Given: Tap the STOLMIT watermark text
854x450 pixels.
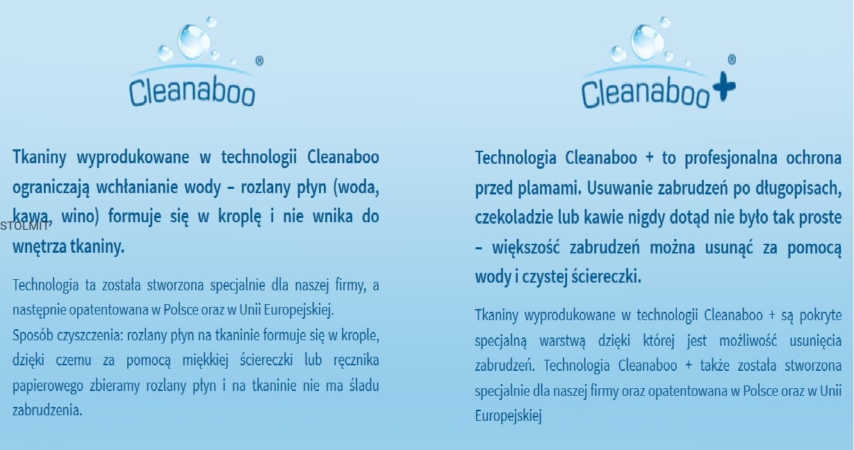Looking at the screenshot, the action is click(24, 226).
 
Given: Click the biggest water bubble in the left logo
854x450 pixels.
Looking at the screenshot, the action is click(194, 42).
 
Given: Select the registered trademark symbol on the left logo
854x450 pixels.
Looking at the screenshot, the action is click(259, 61).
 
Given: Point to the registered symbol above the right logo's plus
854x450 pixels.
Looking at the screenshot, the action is click(732, 60).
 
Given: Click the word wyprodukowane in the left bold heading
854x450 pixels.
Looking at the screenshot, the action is click(133, 158).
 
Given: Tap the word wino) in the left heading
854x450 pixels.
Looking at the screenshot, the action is click(80, 217).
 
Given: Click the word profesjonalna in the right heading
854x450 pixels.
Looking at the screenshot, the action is click(731, 158).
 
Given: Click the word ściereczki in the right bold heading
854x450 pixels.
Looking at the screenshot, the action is click(606, 276).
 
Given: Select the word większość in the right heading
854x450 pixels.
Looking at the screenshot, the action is click(526, 247).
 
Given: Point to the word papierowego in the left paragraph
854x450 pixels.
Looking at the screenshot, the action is click(48, 386).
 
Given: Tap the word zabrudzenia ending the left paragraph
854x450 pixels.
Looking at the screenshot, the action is click(47, 410).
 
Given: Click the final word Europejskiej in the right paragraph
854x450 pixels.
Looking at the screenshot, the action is click(508, 416).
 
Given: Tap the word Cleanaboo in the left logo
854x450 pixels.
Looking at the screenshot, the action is click(192, 92).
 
